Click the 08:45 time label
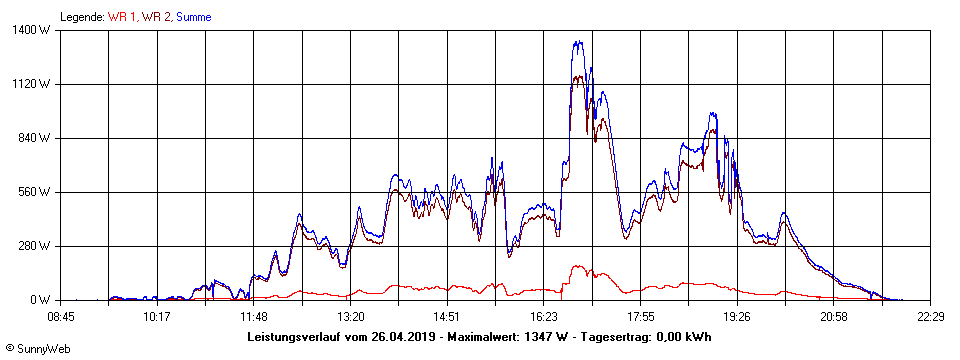point(61,317)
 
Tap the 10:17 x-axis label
point(157,317)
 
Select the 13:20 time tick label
point(351,317)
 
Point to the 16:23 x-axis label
point(544,317)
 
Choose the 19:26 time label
point(737,317)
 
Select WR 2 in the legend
point(157,17)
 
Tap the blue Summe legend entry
point(194,17)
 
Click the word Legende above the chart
point(82,17)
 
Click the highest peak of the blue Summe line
point(577,42)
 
